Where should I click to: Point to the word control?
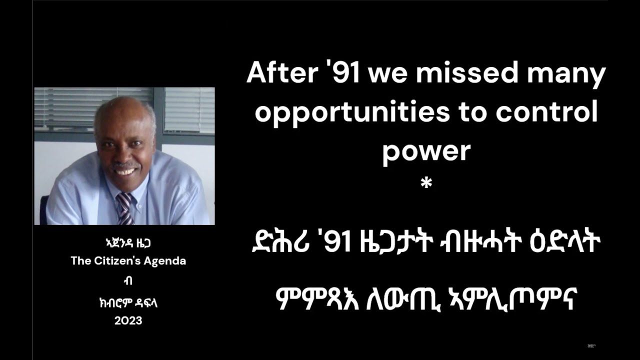[x=546, y=113]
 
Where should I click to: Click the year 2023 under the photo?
[x=128, y=321]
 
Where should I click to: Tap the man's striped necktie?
[x=124, y=208]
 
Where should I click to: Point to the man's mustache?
[x=124, y=164]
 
